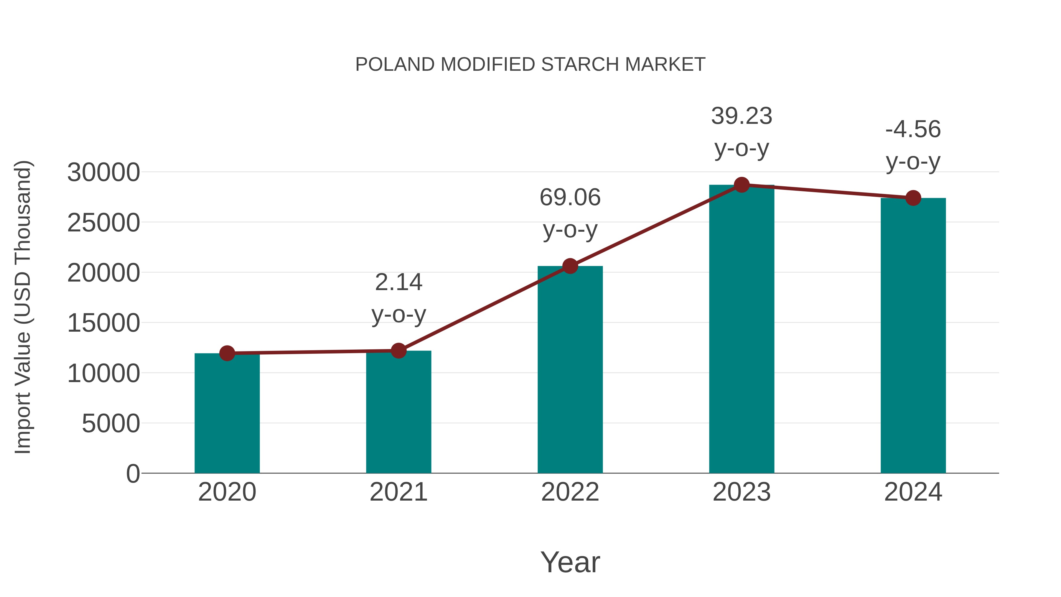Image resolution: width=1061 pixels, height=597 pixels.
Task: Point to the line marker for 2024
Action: [913, 198]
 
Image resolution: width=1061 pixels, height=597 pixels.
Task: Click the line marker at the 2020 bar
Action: [227, 353]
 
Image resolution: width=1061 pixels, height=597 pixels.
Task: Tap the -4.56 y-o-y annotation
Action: [913, 145]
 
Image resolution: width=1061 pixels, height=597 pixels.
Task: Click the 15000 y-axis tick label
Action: [103, 323]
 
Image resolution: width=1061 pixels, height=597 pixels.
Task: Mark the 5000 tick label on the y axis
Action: [111, 424]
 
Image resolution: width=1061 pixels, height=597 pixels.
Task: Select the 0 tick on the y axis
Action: [133, 473]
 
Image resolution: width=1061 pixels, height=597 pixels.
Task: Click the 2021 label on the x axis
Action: [398, 492]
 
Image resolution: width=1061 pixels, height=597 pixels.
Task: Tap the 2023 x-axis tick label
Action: [742, 492]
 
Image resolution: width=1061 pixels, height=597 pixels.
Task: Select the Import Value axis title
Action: [23, 307]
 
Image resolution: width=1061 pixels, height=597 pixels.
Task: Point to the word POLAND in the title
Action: [395, 65]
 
